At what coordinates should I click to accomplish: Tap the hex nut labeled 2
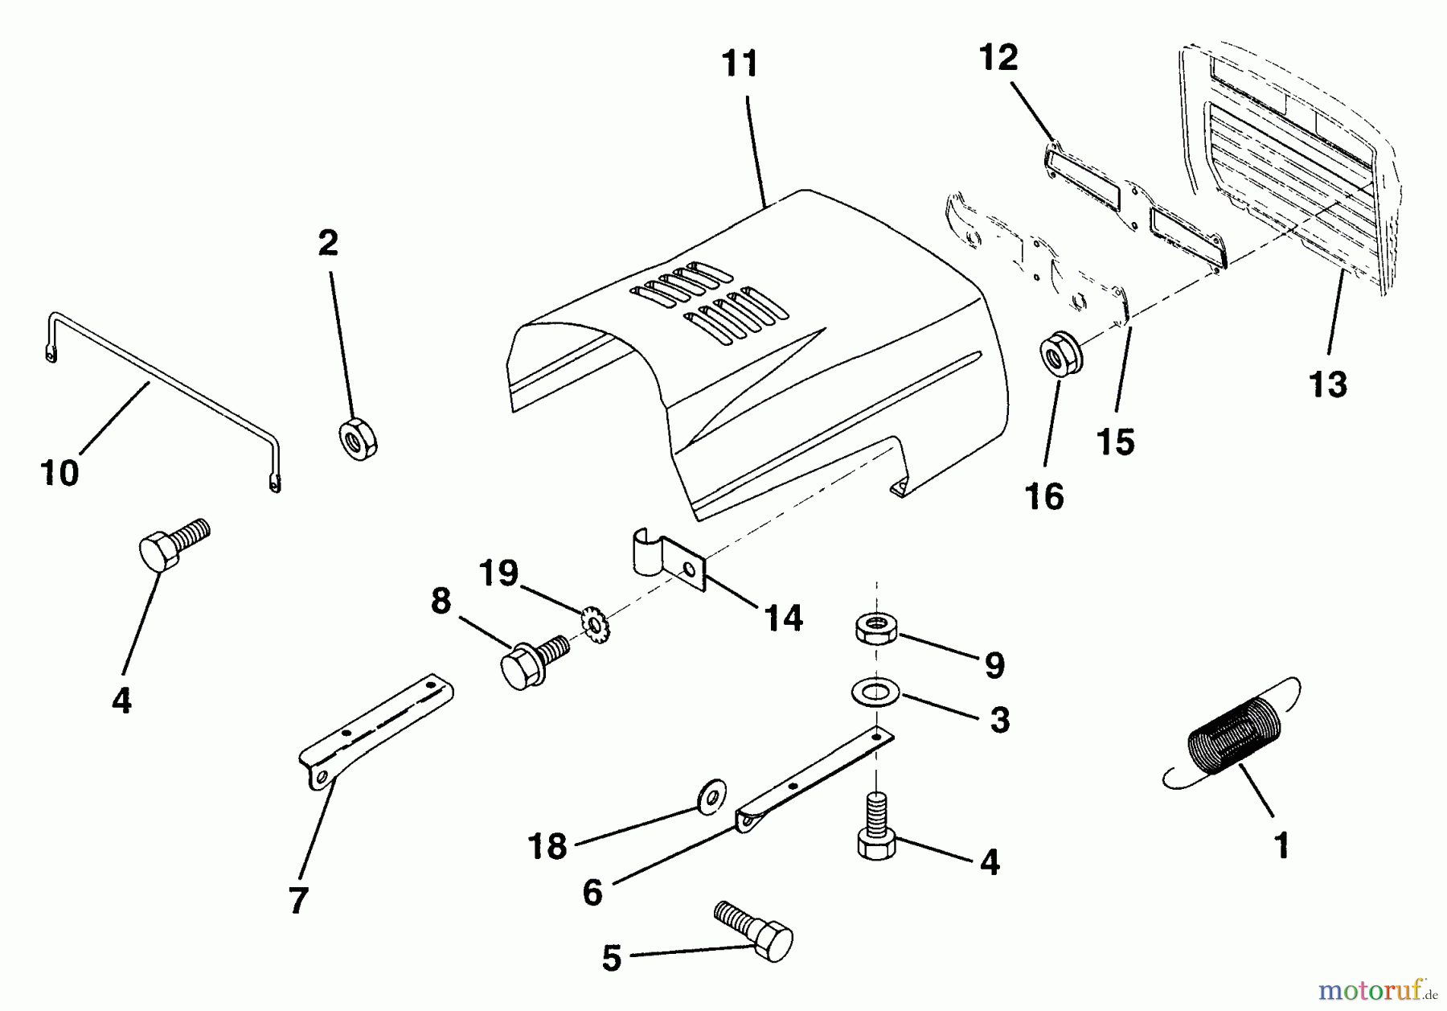[359, 439]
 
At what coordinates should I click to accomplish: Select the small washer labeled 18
[711, 795]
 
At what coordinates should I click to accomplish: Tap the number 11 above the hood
[740, 64]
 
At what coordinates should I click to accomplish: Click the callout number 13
[1327, 384]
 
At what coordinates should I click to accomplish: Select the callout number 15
[1115, 442]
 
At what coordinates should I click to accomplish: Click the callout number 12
[998, 58]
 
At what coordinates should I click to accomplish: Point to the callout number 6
[592, 892]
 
